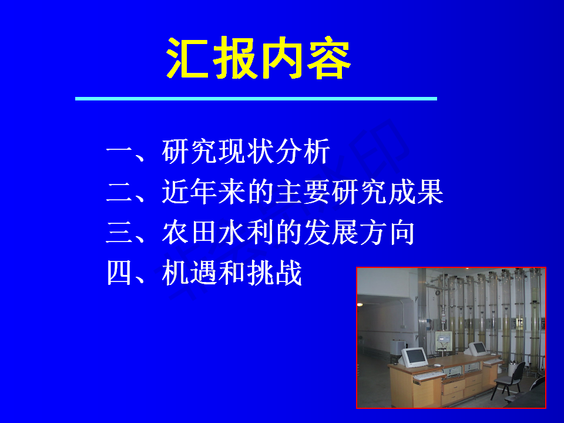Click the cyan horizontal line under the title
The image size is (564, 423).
tap(256, 99)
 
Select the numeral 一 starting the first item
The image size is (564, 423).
tap(119, 152)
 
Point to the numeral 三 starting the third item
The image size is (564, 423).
tap(119, 233)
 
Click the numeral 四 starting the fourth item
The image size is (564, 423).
tap(119, 273)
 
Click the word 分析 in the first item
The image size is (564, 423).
tap(303, 152)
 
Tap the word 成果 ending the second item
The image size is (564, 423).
tap(416, 192)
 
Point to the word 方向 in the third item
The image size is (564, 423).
tap(388, 233)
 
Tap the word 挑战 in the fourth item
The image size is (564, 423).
tap(275, 273)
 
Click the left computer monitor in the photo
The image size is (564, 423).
tap(414, 358)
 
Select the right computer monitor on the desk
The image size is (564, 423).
tap(478, 348)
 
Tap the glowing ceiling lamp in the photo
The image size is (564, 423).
tap(360, 305)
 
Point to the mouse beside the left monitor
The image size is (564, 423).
tap(437, 365)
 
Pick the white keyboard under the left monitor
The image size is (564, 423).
tap(429, 376)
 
